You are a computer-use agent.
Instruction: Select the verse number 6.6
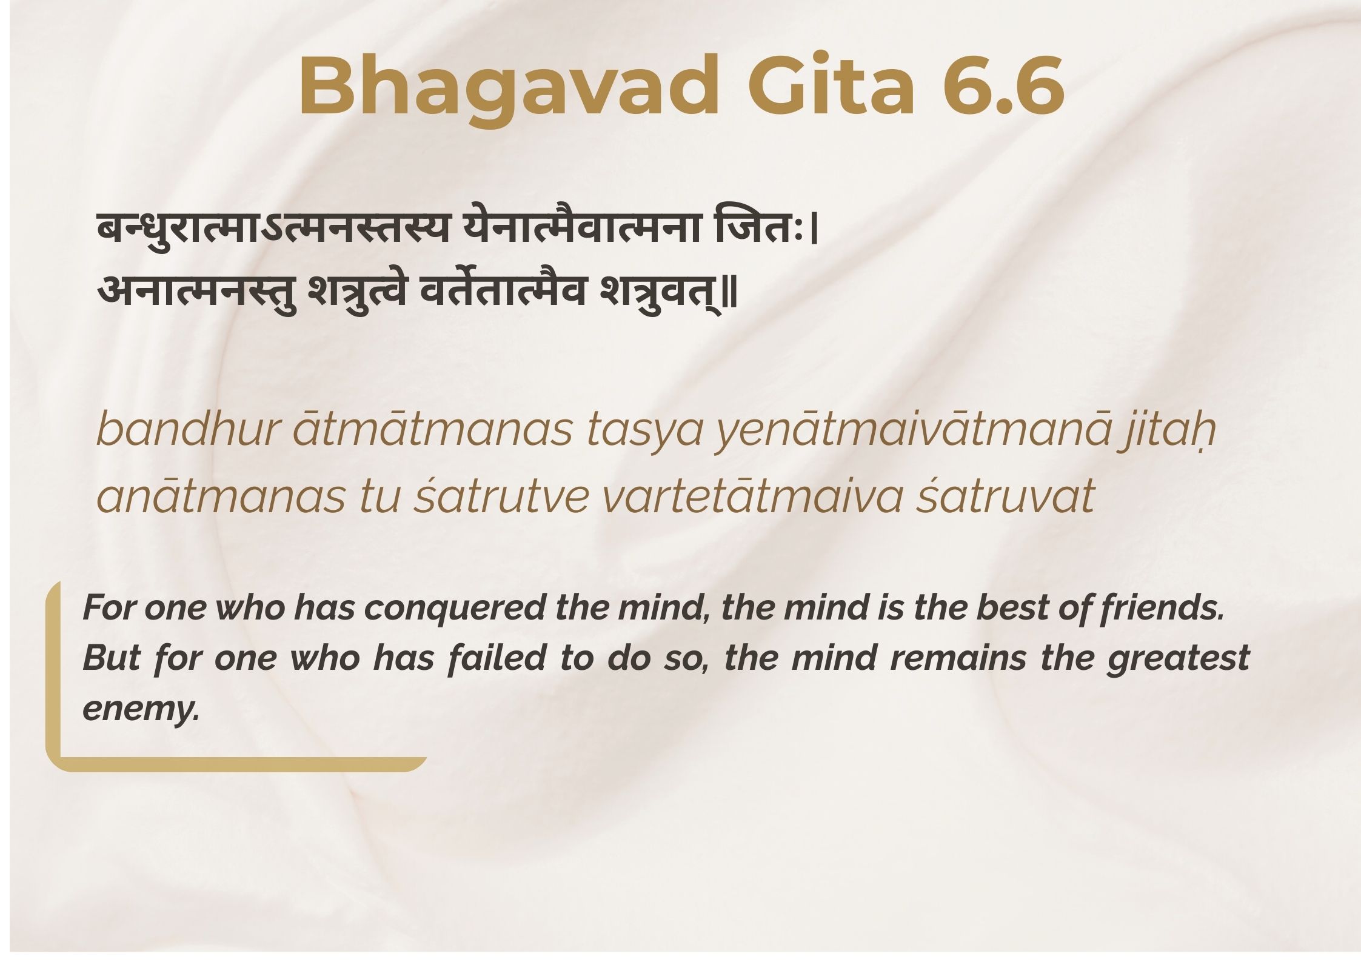[x=1003, y=85]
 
